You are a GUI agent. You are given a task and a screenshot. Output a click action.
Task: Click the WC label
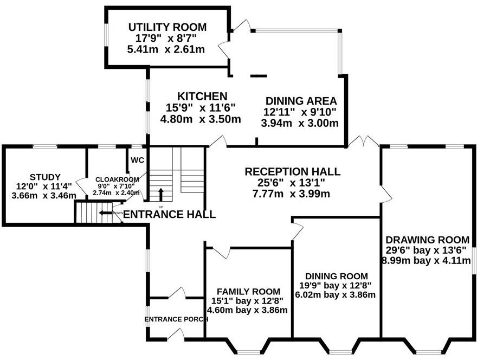[x=137, y=160]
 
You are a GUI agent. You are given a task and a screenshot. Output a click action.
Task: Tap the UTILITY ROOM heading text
[x=167, y=28]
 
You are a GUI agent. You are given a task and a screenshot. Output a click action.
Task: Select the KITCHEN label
[x=202, y=96]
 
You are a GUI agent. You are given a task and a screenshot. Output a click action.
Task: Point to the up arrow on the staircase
[x=161, y=195]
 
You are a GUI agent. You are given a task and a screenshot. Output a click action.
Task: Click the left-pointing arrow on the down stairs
[x=106, y=213]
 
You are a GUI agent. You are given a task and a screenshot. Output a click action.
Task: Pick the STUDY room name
[x=45, y=177]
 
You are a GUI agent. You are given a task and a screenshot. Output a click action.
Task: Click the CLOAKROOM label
[x=117, y=179]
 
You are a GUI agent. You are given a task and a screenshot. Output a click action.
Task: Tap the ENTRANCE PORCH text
[x=176, y=319]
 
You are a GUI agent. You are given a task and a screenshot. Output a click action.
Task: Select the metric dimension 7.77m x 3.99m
[x=291, y=194]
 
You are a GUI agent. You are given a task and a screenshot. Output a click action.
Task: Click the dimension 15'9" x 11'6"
[x=201, y=107]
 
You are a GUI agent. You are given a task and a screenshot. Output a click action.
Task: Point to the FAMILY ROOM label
[x=248, y=292]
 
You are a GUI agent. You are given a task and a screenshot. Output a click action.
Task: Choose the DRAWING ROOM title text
[x=428, y=240]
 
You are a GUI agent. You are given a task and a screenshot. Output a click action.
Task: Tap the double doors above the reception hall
[x=363, y=141]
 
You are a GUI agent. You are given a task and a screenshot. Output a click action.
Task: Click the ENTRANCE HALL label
[x=169, y=214]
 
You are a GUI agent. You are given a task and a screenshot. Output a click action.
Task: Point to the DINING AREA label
[x=301, y=101]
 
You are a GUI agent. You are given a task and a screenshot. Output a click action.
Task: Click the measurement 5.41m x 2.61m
[x=166, y=49]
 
